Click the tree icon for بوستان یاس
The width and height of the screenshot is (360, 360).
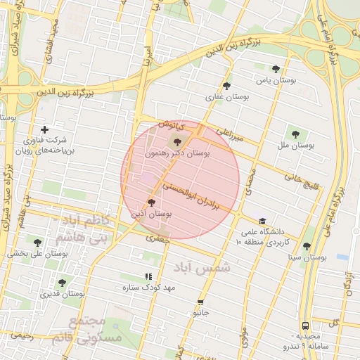click(275, 69)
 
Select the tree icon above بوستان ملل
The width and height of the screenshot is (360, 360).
click(294, 134)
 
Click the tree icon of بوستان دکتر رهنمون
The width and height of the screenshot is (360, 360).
click(176, 143)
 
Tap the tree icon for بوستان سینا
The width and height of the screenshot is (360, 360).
click(306, 247)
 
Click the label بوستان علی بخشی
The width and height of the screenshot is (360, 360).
click(37, 255)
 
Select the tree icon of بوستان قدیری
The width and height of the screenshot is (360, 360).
click(62, 283)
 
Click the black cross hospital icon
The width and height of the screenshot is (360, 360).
click(45, 129)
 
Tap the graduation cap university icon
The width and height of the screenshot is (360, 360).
click(262, 220)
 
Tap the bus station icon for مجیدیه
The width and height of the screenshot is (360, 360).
click(305, 326)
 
